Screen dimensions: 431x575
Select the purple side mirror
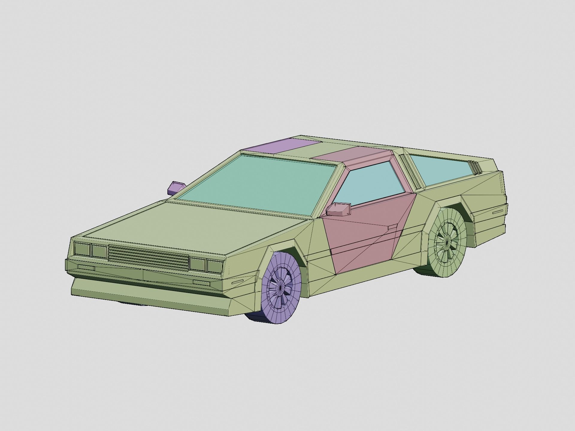(176, 187)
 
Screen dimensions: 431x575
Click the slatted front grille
(148, 258)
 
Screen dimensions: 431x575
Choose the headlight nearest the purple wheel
(214, 266)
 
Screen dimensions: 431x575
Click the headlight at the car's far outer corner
(82, 249)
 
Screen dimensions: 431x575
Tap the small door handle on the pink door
(392, 228)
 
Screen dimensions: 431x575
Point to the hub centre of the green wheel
(447, 241)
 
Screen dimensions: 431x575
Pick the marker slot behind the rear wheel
(498, 212)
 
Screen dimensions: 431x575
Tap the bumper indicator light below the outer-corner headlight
(86, 267)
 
